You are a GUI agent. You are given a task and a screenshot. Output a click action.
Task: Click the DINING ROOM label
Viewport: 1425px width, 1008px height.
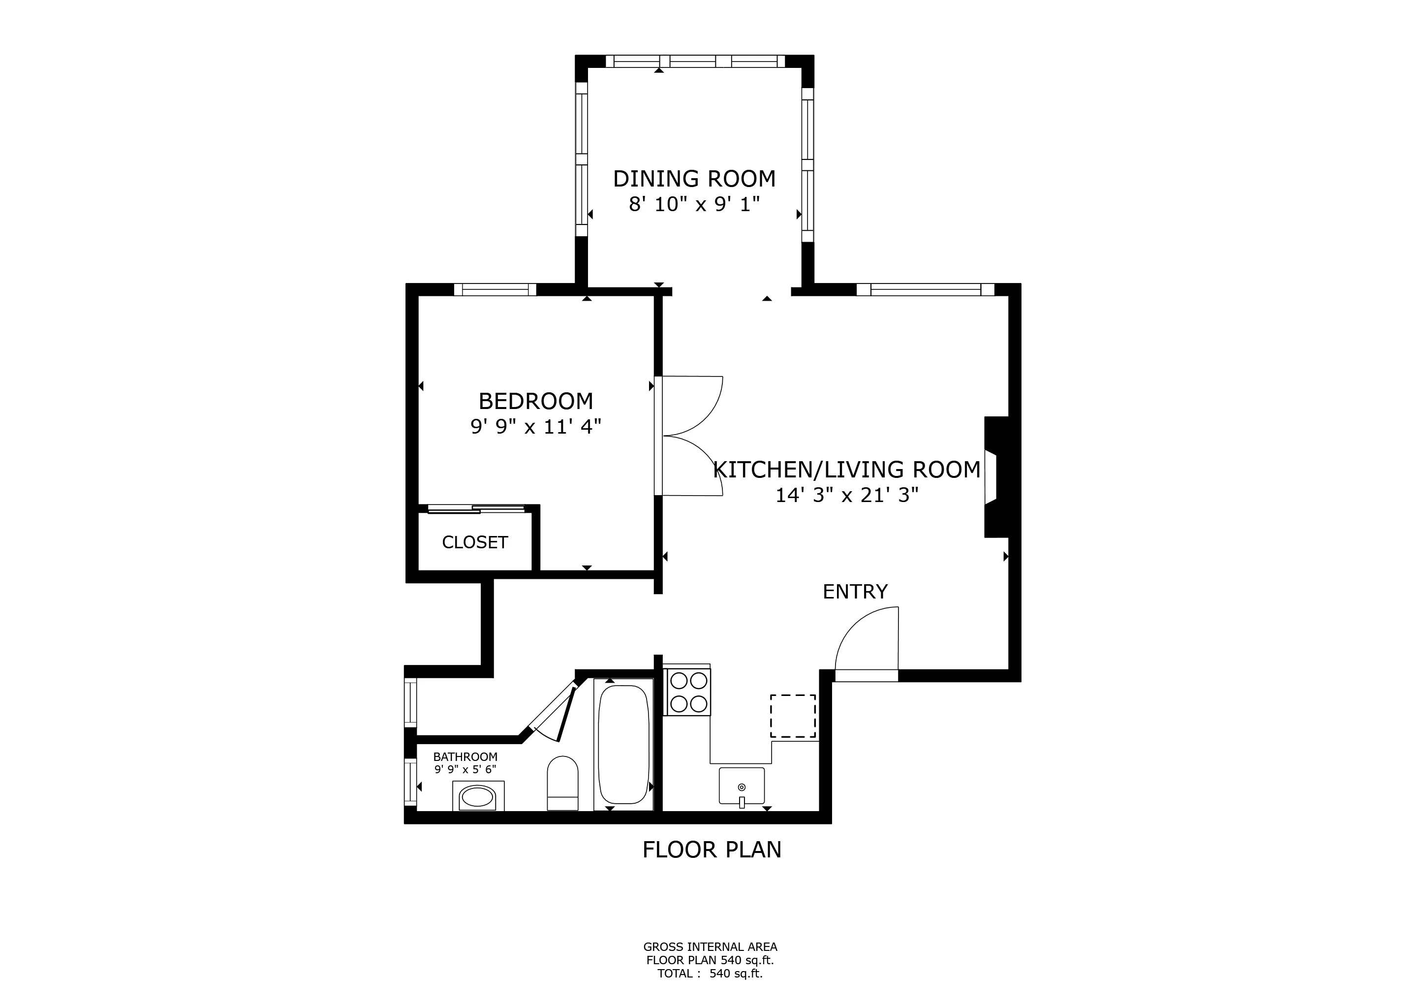(x=694, y=179)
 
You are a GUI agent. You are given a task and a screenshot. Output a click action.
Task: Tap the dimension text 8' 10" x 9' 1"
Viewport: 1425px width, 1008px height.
(x=694, y=204)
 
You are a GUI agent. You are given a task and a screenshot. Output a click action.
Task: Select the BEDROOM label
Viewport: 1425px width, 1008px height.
(x=536, y=402)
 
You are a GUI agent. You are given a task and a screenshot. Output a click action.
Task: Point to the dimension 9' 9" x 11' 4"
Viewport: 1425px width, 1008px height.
(x=536, y=427)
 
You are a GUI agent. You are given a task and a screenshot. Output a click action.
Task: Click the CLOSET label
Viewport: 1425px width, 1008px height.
(x=475, y=542)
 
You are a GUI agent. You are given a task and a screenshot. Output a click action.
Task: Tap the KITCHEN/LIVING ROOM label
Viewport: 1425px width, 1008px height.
(x=846, y=470)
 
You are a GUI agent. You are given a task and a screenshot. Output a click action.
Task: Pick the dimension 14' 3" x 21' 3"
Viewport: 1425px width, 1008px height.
(x=846, y=495)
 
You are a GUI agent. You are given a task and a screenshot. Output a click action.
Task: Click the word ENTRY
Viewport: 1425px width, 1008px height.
(x=855, y=592)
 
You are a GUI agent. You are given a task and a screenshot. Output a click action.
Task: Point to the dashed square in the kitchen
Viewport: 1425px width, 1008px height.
(x=793, y=716)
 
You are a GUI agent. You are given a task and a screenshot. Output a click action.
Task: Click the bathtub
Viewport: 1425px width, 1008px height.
(x=623, y=744)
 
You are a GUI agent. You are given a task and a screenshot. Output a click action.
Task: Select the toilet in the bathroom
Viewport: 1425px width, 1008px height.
(x=562, y=783)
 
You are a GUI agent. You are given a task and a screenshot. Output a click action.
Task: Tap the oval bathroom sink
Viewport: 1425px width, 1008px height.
(x=477, y=796)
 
